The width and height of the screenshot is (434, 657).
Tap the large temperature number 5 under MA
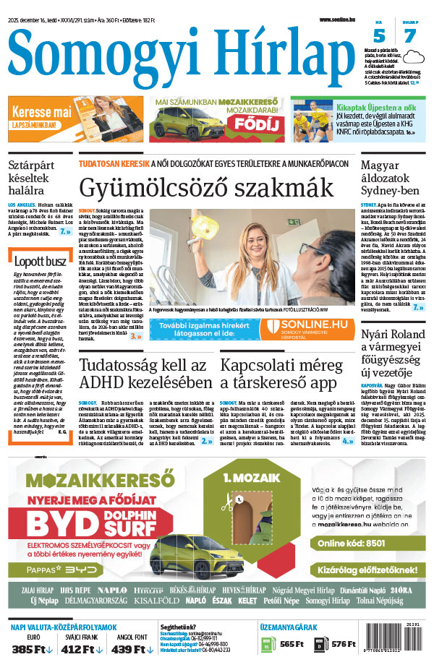coord(379,37)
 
